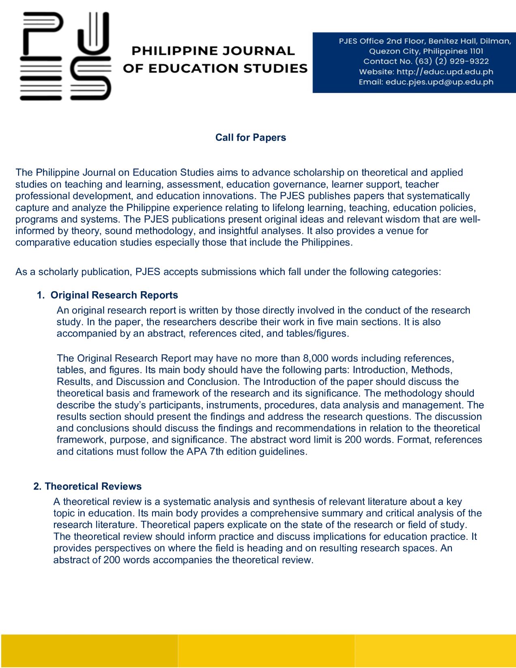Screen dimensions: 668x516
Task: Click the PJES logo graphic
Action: click(65, 56)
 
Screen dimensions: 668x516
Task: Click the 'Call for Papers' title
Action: click(250, 137)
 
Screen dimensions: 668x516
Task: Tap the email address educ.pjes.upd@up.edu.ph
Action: click(439, 82)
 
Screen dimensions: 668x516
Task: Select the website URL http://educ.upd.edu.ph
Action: click(445, 72)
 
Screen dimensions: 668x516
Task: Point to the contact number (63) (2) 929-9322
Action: click(452, 61)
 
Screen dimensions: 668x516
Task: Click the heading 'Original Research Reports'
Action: click(114, 295)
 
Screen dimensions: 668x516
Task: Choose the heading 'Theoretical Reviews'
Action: click(93, 486)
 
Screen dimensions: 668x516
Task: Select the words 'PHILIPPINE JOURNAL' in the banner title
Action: click(213, 51)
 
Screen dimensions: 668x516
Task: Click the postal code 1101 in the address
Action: click(476, 51)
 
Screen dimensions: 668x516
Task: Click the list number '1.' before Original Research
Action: click(41, 295)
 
